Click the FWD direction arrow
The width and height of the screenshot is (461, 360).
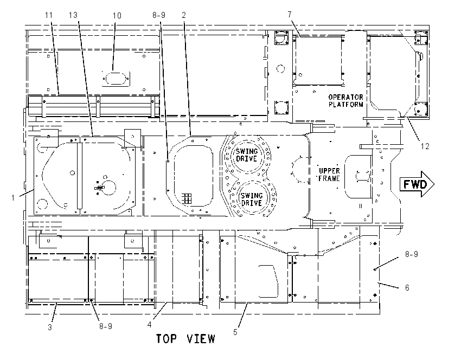click(x=417, y=184)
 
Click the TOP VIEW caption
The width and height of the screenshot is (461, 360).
click(x=185, y=338)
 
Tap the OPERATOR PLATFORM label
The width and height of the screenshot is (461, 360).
click(x=346, y=100)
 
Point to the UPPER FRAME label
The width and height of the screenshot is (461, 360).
click(x=329, y=175)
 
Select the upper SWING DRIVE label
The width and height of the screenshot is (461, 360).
click(x=247, y=155)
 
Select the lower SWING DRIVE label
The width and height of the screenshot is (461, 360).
click(x=251, y=200)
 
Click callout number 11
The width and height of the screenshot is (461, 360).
click(x=48, y=15)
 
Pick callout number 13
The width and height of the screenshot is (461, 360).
click(x=73, y=15)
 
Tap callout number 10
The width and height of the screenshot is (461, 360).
click(x=117, y=15)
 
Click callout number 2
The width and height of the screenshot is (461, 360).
click(x=184, y=15)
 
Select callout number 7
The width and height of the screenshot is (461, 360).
click(x=290, y=14)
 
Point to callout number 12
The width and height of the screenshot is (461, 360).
click(x=425, y=146)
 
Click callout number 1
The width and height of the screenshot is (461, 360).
click(x=13, y=197)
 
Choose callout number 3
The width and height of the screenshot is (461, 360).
click(x=50, y=327)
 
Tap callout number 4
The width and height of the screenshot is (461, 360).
click(x=150, y=324)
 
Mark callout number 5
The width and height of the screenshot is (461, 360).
click(x=235, y=332)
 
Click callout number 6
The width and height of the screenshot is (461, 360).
click(x=407, y=287)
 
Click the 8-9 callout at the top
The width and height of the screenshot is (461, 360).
click(x=159, y=15)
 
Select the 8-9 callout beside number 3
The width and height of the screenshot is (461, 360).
click(x=106, y=326)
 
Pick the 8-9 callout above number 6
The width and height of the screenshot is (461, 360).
click(x=412, y=254)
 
